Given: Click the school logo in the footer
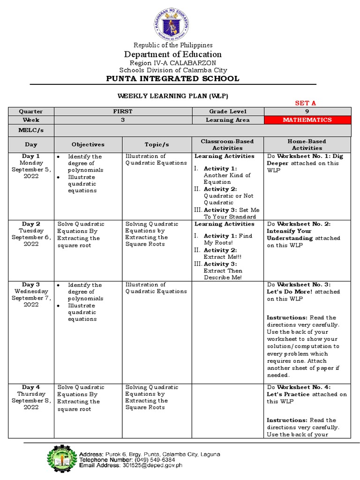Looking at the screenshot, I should (61, 458).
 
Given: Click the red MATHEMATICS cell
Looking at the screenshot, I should (307, 120).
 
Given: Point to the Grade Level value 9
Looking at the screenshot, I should (307, 112).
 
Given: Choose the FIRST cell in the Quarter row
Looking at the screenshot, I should (123, 112).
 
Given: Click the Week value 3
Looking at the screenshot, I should (123, 120).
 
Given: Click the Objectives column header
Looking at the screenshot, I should (88, 145).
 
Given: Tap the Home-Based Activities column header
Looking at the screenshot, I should (307, 144).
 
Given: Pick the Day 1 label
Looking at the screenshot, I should (31, 156).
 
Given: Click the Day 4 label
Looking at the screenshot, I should (31, 387).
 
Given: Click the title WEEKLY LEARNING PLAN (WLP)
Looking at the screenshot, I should (173, 96).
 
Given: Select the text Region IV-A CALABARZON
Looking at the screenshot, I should (173, 63).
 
